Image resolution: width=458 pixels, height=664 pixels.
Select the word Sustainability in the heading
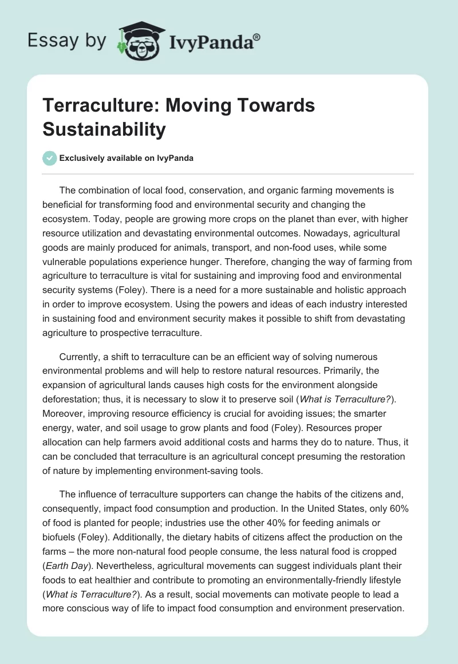click(104, 129)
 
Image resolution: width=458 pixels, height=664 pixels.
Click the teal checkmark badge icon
click(50, 158)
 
